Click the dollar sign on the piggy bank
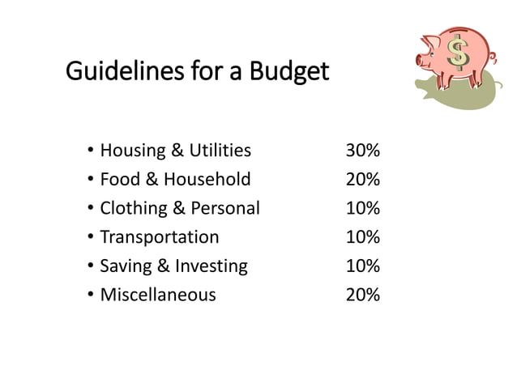pyautogui.click(x=458, y=55)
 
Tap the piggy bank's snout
pyautogui.click(x=421, y=59)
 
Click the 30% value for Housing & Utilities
pyautogui.click(x=362, y=151)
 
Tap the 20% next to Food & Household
pyautogui.click(x=362, y=179)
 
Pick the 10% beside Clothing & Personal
pyautogui.click(x=362, y=208)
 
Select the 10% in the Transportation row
pyautogui.click(x=362, y=237)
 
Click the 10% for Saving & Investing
pyautogui.click(x=362, y=266)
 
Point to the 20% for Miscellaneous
pyautogui.click(x=362, y=295)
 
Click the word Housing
pyautogui.click(x=130, y=151)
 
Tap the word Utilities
pyautogui.click(x=220, y=151)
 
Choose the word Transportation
pyautogui.click(x=159, y=237)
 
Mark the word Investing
pyautogui.click(x=213, y=266)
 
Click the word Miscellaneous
pyautogui.click(x=157, y=295)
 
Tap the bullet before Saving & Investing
pyautogui.click(x=88, y=266)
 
